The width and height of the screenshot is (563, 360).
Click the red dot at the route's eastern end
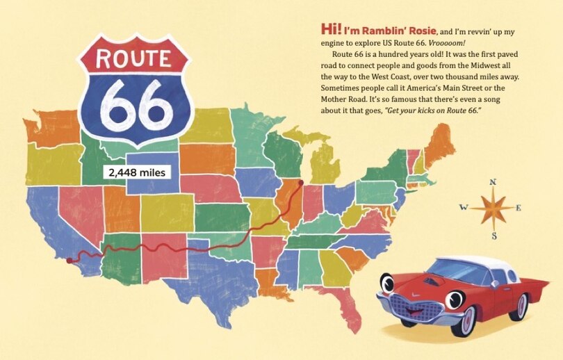coord(301,183)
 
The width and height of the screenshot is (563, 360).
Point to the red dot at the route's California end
coord(69,261)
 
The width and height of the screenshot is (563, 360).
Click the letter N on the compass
coord(493,182)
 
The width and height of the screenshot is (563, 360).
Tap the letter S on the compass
coord(494,236)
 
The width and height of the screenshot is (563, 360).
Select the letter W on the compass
coord(464,207)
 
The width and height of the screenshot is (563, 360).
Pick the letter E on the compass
coord(519,208)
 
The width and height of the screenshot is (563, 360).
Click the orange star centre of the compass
coord(493,207)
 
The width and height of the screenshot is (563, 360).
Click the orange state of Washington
coord(52,129)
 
